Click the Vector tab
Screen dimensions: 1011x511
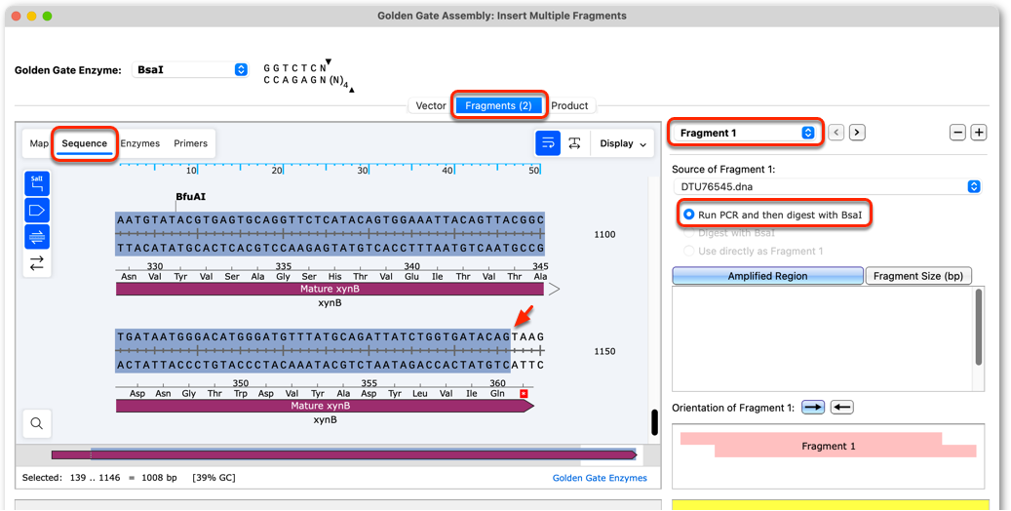coord(431,106)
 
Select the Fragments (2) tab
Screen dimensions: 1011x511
coord(498,106)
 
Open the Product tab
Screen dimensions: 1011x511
coord(569,106)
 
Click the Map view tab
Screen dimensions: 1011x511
coord(39,143)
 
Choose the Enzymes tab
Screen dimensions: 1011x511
coord(140,143)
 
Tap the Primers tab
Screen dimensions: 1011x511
coord(190,143)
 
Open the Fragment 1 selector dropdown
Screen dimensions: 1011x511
coord(745,133)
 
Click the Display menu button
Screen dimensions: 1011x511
coord(623,144)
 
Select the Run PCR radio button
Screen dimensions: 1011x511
coord(689,215)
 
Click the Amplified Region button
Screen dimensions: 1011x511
coord(767,276)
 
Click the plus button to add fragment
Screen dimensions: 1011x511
coord(979,133)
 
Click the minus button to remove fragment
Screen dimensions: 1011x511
coord(957,133)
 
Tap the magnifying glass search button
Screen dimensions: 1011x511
coord(37,424)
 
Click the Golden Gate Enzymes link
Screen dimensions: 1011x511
coord(600,478)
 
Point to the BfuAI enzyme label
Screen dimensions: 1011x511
coord(191,197)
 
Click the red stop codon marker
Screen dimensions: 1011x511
coord(524,393)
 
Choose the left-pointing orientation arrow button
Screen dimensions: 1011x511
coord(842,407)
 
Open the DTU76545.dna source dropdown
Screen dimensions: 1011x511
coord(826,186)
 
